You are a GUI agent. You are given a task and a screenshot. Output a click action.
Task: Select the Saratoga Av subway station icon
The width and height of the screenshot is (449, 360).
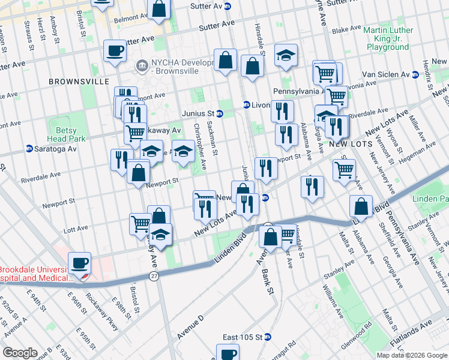click(29, 149)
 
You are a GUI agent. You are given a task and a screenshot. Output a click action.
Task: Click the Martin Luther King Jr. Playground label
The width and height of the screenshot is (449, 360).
click(388, 38)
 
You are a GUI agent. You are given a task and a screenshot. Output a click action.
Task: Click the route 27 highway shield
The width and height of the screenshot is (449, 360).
click(154, 275)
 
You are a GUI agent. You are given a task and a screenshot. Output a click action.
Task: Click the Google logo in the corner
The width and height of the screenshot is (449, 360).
click(20, 353)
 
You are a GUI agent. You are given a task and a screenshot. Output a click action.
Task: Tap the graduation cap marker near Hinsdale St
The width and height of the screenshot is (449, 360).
click(286, 55)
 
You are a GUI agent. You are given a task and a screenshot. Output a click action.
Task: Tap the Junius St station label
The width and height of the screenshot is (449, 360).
click(199, 113)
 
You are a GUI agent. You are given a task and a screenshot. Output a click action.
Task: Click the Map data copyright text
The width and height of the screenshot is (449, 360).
click(411, 355)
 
